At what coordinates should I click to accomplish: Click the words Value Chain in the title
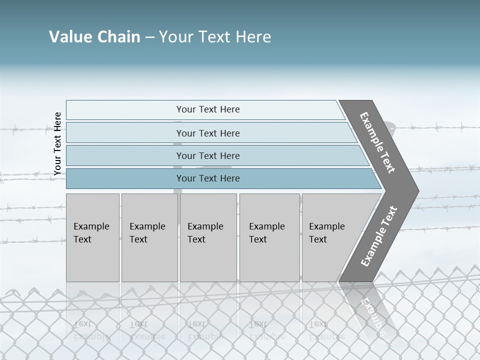[x=94, y=37]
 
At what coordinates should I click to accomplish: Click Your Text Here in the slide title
[x=215, y=37]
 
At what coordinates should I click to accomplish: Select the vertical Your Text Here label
[x=57, y=143]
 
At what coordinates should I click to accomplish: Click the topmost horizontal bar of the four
[x=207, y=109]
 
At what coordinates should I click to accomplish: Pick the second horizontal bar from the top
[x=207, y=133]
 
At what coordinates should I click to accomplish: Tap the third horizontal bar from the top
[x=207, y=155]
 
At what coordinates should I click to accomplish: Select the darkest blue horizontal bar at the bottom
[x=207, y=178]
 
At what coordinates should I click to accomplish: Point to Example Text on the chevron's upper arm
[x=377, y=142]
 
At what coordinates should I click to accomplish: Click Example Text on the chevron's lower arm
[x=379, y=236]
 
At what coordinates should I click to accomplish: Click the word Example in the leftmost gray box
[x=91, y=226]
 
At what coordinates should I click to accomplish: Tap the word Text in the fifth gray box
[x=317, y=239]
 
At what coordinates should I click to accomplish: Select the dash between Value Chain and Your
[x=149, y=37]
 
